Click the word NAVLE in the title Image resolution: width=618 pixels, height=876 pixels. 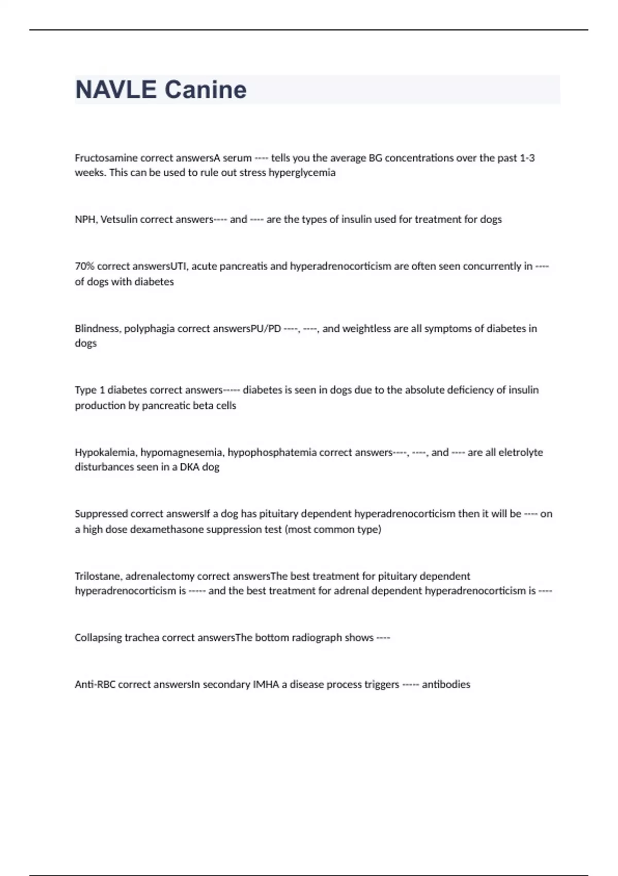click(x=116, y=90)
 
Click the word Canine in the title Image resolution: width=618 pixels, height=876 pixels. click(x=205, y=90)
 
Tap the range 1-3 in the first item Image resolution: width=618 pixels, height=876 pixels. click(x=527, y=158)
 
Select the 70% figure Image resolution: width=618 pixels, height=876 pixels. click(x=84, y=266)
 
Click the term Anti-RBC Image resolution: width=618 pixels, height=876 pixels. click(x=95, y=684)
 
